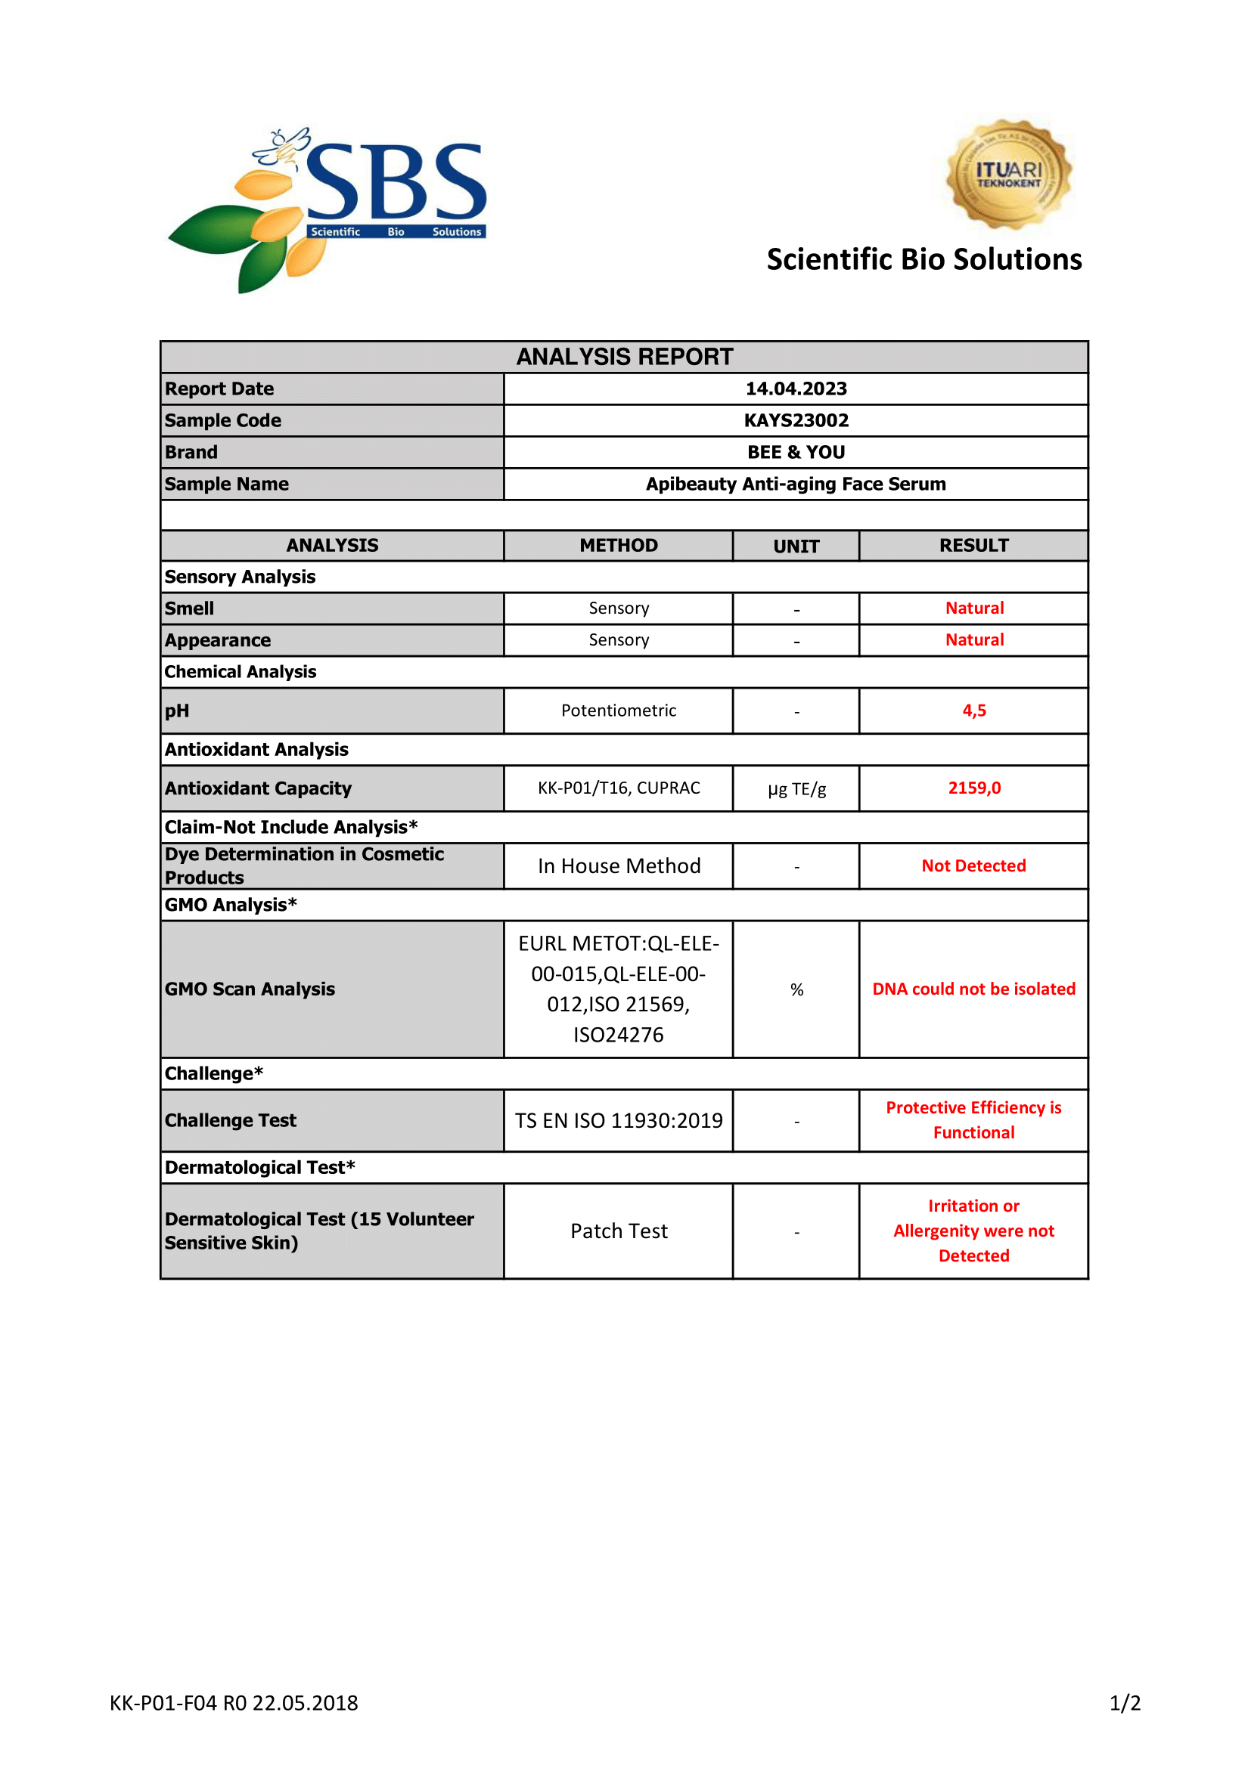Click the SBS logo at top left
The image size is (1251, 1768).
[327, 208]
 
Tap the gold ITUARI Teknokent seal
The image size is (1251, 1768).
[1008, 174]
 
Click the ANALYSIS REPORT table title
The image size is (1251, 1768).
[624, 358]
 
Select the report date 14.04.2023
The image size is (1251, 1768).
[796, 389]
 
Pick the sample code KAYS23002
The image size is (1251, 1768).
[796, 420]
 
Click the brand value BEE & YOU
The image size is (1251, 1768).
[796, 452]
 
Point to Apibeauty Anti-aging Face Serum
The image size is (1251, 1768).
[796, 484]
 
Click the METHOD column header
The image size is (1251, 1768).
[619, 545]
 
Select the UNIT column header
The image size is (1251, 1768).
[796, 546]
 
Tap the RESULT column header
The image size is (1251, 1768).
[973, 545]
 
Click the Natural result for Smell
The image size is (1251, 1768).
[974, 608]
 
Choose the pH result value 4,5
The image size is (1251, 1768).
[973, 710]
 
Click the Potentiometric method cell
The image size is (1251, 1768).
[619, 710]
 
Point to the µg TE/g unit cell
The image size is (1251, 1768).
[796, 788]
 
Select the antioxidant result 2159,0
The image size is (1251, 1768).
[973, 788]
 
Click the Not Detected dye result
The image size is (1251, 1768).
[973, 865]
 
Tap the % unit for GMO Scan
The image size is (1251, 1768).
[796, 989]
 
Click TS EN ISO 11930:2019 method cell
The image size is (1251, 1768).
[619, 1120]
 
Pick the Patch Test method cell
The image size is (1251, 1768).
[619, 1231]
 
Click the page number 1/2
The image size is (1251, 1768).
[1125, 1702]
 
